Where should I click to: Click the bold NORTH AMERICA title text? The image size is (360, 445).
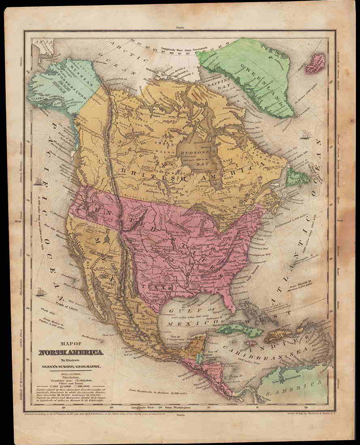pyautogui.click(x=71, y=352)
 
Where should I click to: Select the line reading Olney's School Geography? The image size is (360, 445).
pyautogui.click(x=71, y=367)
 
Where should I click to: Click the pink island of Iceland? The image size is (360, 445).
pyautogui.click(x=315, y=64)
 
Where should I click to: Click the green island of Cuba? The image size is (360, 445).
pyautogui.click(x=239, y=330)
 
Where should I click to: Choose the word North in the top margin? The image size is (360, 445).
pyautogui.click(x=179, y=28)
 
